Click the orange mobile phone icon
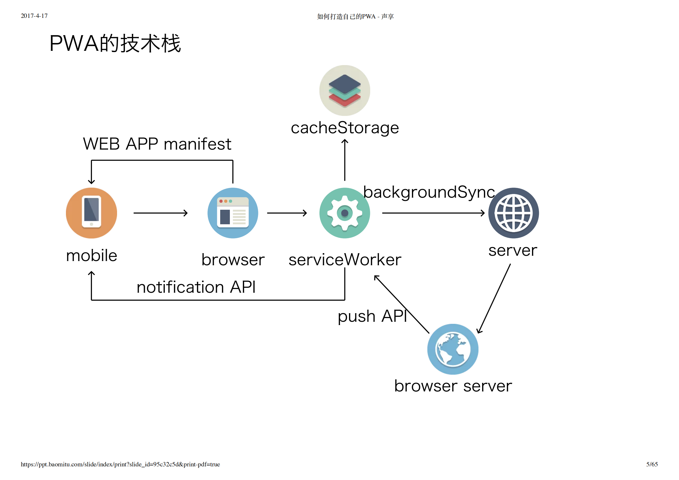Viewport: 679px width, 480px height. tap(91, 213)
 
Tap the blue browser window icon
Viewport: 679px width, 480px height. tap(233, 213)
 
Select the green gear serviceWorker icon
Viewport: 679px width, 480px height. tap(344, 213)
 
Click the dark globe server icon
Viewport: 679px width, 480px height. tap(513, 213)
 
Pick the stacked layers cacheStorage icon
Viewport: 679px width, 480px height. tap(344, 90)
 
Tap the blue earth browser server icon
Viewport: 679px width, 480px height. tap(452, 349)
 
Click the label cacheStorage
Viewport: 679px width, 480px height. tap(344, 128)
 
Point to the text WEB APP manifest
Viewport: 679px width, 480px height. tap(157, 144)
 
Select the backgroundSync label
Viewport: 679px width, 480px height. tap(429, 192)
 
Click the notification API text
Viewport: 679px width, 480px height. tap(196, 287)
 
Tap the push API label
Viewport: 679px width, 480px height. tap(372, 316)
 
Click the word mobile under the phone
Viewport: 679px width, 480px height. tap(91, 256)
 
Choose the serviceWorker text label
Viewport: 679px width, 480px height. tap(344, 260)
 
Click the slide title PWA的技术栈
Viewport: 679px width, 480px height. tap(115, 43)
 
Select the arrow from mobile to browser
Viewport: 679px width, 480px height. tap(160, 213)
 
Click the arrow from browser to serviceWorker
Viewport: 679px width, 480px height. tap(287, 213)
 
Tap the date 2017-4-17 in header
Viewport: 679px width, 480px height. tap(34, 16)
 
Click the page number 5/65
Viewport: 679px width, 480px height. tap(652, 464)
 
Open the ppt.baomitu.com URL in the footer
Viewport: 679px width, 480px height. tap(120, 464)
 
